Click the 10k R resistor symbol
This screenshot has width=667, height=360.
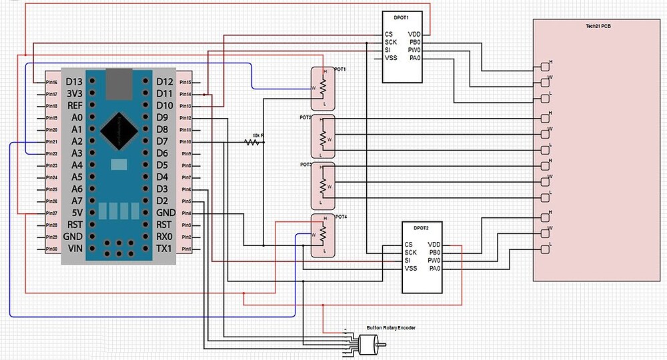253,142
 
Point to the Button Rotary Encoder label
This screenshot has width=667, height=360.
391,328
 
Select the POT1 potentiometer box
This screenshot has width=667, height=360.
322,88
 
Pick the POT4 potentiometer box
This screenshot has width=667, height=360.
322,235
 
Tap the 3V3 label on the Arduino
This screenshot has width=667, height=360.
74,94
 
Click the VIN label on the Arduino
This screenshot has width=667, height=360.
74,249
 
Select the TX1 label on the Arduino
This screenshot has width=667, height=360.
164,249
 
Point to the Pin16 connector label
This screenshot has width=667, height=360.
51,82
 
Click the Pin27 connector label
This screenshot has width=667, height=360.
51,213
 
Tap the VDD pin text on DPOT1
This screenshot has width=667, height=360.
414,33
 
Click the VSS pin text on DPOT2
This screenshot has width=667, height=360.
411,269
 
